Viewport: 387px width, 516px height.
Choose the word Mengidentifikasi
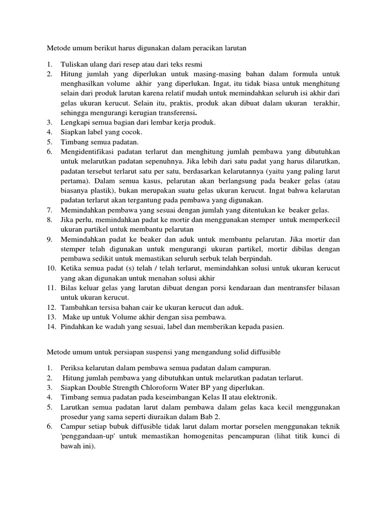(88, 151)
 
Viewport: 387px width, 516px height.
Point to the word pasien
(272, 327)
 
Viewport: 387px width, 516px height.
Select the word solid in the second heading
(233, 351)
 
